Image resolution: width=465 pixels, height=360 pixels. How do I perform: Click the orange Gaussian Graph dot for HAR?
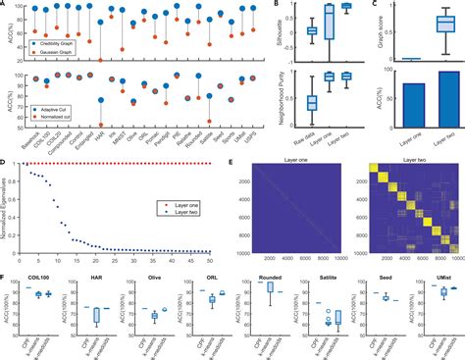coord(103,61)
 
